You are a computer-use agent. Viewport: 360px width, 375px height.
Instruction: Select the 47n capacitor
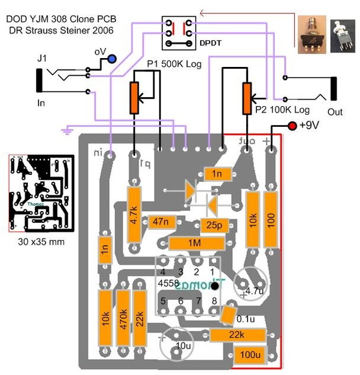(160, 222)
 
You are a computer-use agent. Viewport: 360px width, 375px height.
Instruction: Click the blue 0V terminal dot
(112, 59)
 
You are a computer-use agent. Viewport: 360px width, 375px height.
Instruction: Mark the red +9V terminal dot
(292, 127)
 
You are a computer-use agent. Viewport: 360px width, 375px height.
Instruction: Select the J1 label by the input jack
(42, 59)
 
